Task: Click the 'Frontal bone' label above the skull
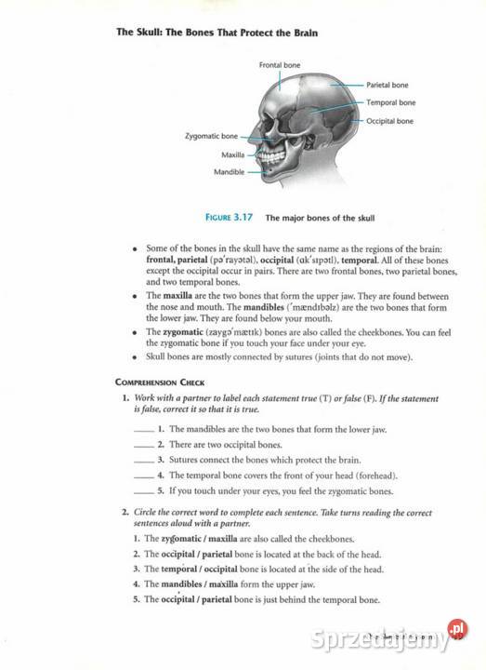[x=280, y=65]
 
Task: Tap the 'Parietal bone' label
[x=387, y=85]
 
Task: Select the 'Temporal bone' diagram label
[x=390, y=102]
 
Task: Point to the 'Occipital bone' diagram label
[x=389, y=121]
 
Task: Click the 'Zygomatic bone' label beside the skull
[x=211, y=136]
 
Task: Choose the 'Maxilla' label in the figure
[x=232, y=154]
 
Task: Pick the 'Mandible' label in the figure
[x=229, y=172]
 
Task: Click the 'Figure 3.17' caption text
[x=230, y=218]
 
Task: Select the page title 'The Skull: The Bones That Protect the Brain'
[x=217, y=33]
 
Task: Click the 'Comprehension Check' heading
[x=160, y=382]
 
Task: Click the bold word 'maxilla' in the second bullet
[x=177, y=295]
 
